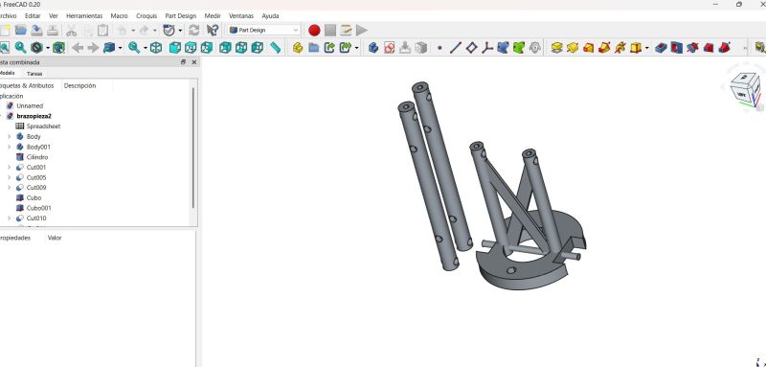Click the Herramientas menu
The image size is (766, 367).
[x=84, y=16]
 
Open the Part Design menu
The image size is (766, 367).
[x=180, y=16]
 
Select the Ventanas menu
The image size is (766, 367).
[x=241, y=16]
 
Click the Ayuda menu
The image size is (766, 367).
[x=270, y=16]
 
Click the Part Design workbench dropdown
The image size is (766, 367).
[x=264, y=30]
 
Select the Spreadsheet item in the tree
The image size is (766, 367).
[x=43, y=126]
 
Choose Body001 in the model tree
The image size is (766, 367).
[x=38, y=147]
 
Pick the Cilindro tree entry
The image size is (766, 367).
[x=37, y=156]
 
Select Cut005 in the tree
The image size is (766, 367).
[x=36, y=177]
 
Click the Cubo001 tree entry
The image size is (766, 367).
[x=38, y=207]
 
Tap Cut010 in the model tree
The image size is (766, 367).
[x=36, y=218]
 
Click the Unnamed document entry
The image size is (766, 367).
[x=30, y=105]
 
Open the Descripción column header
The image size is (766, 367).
[x=79, y=85]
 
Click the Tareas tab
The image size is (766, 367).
[x=34, y=73]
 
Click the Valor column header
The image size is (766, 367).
[x=55, y=238]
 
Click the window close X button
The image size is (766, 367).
[x=757, y=4]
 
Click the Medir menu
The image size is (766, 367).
[x=213, y=16]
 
